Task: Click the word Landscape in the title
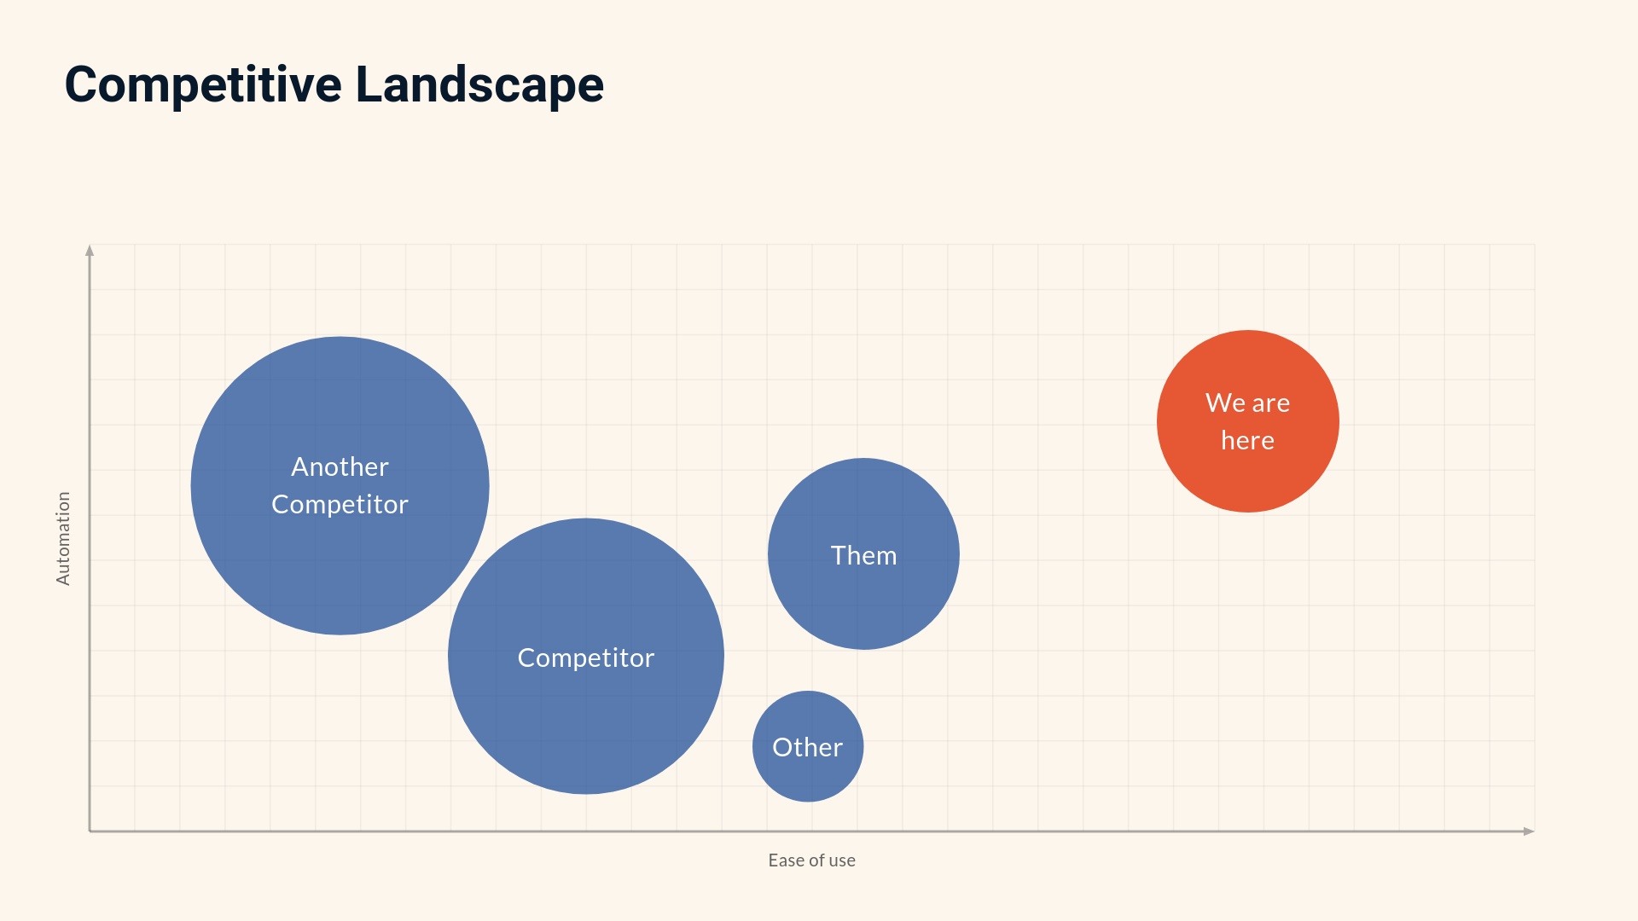coord(479,85)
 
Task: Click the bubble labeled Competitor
coord(585,716)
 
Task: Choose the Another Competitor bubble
coord(340,563)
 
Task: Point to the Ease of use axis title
coord(811,860)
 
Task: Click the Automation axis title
coord(63,538)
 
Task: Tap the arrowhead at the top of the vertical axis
coord(90,250)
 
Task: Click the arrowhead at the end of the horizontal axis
coord(1529,831)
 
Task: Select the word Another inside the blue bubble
coord(340,466)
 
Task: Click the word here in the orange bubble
coord(1247,441)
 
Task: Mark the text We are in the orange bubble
coord(1247,403)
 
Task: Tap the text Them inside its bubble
coord(863,555)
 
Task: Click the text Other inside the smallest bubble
coord(807,747)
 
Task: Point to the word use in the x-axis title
coord(841,860)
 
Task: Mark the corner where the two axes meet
coord(90,831)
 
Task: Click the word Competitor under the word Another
coord(340,504)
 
